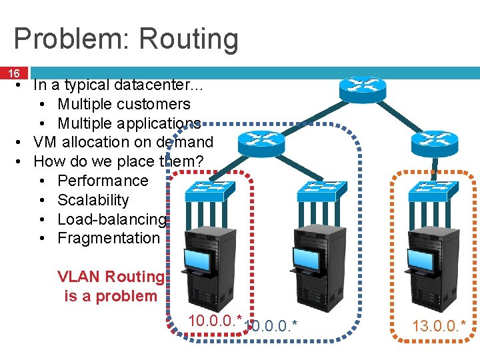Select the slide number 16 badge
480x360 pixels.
(x=13, y=73)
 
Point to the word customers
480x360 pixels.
(x=157, y=104)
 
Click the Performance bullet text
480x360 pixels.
(x=103, y=181)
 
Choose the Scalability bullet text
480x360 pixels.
(x=93, y=200)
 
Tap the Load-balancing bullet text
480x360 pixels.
(x=111, y=219)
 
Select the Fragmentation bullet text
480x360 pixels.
(x=109, y=238)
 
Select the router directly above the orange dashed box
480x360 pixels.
(x=433, y=140)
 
